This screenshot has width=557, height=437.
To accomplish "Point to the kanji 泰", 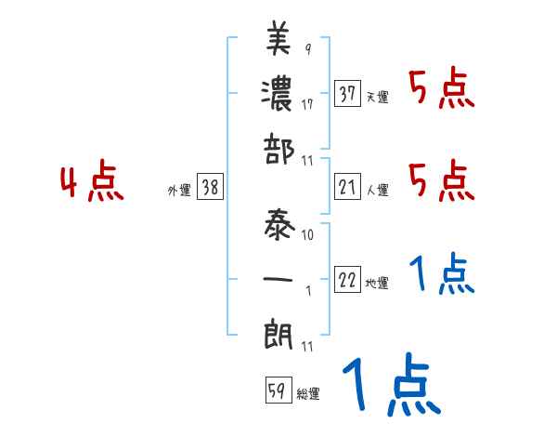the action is (x=279, y=223).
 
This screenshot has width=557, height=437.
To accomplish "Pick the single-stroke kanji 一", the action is (x=279, y=278).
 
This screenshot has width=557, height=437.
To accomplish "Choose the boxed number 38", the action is (x=210, y=188).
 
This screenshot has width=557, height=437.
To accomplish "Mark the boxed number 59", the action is (x=276, y=391).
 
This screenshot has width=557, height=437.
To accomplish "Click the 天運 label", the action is (x=378, y=97).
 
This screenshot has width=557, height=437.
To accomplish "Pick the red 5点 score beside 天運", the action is (x=441, y=91).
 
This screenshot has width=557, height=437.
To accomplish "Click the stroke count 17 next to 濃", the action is (x=307, y=105).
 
